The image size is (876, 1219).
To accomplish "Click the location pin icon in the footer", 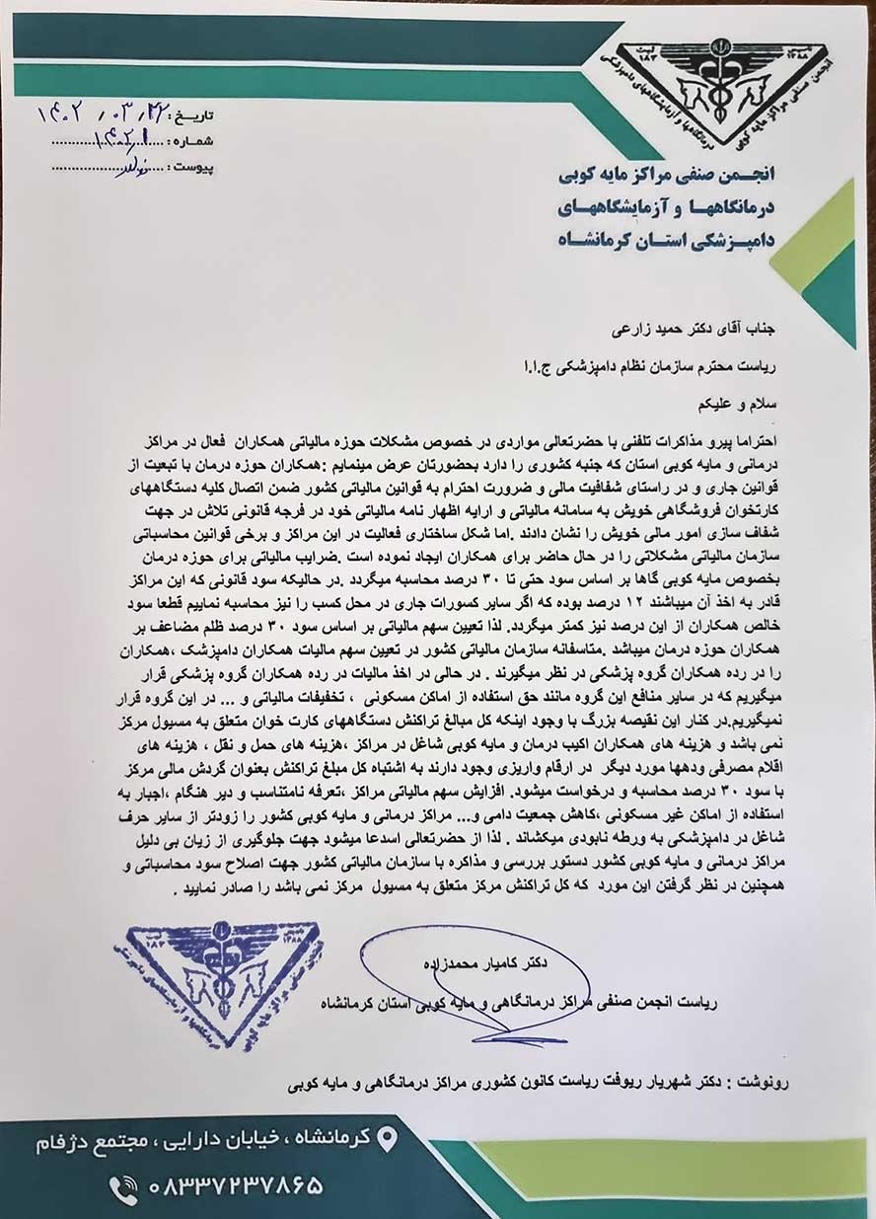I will click(x=388, y=1138).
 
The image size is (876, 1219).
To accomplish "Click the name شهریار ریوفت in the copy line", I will click(x=632, y=1082).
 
